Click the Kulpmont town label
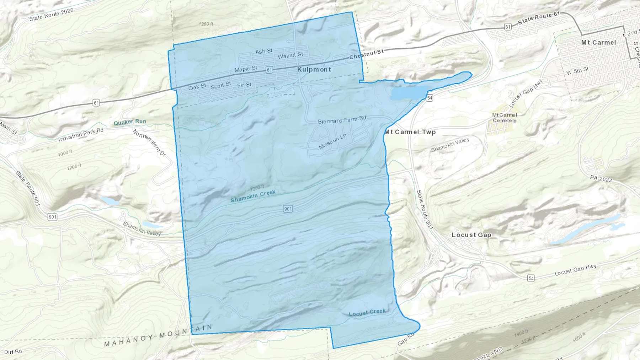314,70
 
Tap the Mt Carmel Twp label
410,132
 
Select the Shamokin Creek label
253,196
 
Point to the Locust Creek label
367,312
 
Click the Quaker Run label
130,122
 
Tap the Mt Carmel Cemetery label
505,118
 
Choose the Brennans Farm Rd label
342,120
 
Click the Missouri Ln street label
332,141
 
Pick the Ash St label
264,52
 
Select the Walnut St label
290,55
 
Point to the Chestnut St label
366,54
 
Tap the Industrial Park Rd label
81,134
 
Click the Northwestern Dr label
149,143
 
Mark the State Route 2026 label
51,15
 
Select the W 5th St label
577,71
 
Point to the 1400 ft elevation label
521,333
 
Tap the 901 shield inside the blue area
288,209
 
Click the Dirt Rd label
13,352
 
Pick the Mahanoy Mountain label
158,335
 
